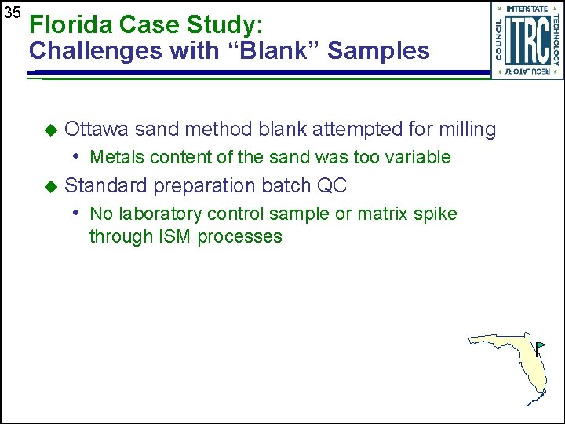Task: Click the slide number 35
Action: pos(11,13)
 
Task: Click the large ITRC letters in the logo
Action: pos(527,40)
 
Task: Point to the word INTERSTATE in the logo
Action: pos(527,9)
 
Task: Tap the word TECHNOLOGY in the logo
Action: pos(556,40)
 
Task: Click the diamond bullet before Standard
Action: pos(51,186)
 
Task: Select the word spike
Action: pos(435,214)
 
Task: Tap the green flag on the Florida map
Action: pos(541,345)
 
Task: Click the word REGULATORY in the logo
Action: pos(527,71)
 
